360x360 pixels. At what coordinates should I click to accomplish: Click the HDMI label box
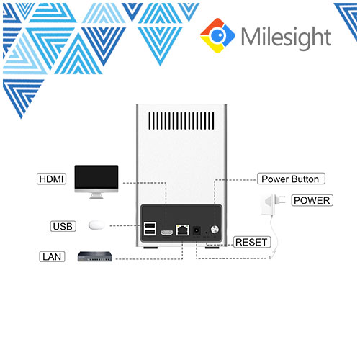51,179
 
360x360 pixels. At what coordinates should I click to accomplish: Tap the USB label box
63,226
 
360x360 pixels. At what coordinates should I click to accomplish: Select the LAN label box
52,257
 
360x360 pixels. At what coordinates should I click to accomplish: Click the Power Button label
291,179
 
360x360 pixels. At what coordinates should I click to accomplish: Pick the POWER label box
312,200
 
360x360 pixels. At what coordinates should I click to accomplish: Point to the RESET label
252,242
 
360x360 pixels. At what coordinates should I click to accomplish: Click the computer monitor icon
96,182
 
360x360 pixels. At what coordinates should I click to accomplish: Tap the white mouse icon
96,225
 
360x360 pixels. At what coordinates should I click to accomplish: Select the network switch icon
95,256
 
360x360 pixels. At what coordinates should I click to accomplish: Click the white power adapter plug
271,204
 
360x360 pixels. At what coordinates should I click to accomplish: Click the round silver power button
215,230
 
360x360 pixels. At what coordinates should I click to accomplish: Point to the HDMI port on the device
166,233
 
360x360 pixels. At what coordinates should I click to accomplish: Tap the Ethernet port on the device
182,230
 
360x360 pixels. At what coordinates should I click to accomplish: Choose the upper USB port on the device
150,225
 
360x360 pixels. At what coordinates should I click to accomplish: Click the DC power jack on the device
197,230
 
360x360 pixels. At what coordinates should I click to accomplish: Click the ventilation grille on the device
181,121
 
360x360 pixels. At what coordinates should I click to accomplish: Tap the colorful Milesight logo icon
217,35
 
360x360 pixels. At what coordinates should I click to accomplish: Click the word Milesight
286,37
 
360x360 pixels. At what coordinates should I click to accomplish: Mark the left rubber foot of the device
150,248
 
